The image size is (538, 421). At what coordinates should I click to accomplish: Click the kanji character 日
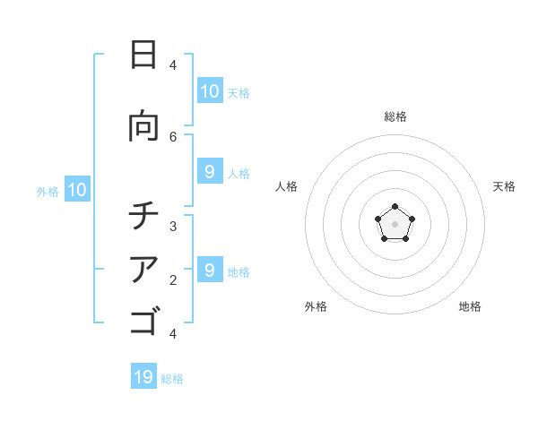pyautogui.click(x=143, y=55)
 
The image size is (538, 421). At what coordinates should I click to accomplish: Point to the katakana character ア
pyautogui.click(x=143, y=269)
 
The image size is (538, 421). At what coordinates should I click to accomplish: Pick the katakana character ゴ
pyautogui.click(x=143, y=320)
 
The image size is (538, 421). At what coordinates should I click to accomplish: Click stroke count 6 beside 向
pyautogui.click(x=173, y=136)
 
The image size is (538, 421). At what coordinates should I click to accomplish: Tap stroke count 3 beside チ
pyautogui.click(x=173, y=227)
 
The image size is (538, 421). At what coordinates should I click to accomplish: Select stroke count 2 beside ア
pyautogui.click(x=173, y=280)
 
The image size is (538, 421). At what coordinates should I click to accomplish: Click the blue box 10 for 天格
pyautogui.click(x=210, y=90)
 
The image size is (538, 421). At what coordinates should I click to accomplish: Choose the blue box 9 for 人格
pyautogui.click(x=210, y=171)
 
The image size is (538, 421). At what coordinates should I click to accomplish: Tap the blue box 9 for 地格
pyautogui.click(x=210, y=270)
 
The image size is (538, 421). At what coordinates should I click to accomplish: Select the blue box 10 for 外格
pyautogui.click(x=77, y=189)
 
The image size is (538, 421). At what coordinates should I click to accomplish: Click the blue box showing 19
pyautogui.click(x=143, y=376)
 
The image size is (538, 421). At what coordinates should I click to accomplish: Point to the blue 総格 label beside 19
pyautogui.click(x=172, y=379)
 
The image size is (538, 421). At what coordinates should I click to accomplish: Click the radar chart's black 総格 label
pyautogui.click(x=395, y=116)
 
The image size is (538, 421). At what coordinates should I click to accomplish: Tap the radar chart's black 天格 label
pyautogui.click(x=504, y=186)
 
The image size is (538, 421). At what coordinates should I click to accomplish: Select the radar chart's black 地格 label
pyautogui.click(x=470, y=306)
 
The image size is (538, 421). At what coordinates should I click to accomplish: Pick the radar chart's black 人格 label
pyautogui.click(x=286, y=186)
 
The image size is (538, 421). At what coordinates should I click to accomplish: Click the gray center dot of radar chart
pyautogui.click(x=395, y=224)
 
